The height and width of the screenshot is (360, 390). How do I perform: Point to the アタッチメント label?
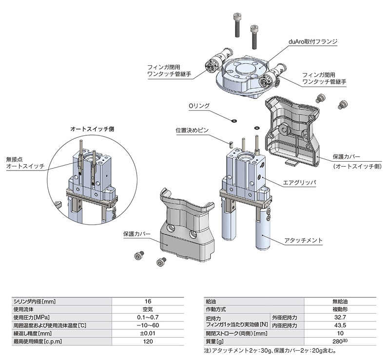(303, 241)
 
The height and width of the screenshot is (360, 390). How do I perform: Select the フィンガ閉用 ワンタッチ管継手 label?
(169, 71)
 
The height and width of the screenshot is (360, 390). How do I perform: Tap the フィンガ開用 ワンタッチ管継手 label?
(324, 78)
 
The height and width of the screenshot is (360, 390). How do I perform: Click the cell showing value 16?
(148, 301)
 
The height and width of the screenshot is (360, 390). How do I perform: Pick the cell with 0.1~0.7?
(148, 317)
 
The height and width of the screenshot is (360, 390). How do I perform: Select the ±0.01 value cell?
(148, 333)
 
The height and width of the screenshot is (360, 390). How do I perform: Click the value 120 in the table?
(148, 341)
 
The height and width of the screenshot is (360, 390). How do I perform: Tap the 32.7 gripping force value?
(348, 317)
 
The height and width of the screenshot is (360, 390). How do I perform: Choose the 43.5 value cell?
(348, 325)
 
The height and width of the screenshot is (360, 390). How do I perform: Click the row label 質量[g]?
(215, 341)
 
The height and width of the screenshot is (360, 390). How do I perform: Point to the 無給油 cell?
(348, 301)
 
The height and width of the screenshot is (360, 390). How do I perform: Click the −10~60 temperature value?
(148, 325)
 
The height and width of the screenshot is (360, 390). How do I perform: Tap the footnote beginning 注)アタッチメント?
(271, 350)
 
